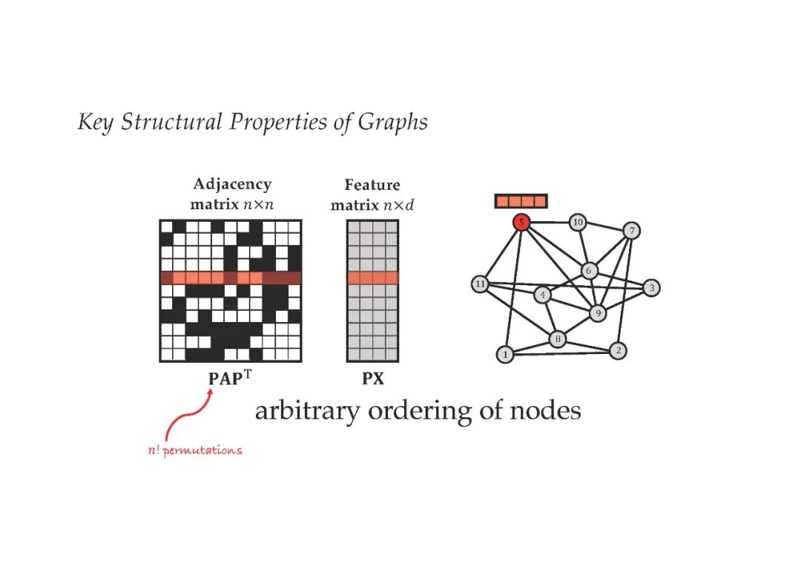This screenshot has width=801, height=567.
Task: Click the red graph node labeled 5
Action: pyautogui.click(x=522, y=222)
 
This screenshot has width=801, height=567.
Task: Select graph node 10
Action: pyautogui.click(x=578, y=222)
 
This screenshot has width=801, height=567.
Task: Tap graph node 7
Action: pyautogui.click(x=631, y=230)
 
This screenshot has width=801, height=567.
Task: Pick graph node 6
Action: pyautogui.click(x=590, y=271)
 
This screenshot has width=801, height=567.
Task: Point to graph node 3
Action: pyautogui.click(x=651, y=288)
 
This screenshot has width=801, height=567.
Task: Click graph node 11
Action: pyautogui.click(x=480, y=284)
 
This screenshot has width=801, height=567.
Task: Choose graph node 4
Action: pyautogui.click(x=543, y=295)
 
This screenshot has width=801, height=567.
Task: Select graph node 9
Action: pyautogui.click(x=597, y=313)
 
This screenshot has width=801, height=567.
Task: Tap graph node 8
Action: pyautogui.click(x=558, y=340)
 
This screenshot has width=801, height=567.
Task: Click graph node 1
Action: pyautogui.click(x=505, y=355)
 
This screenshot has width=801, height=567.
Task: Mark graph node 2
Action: pyautogui.click(x=618, y=350)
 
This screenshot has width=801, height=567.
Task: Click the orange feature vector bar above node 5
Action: pyautogui.click(x=521, y=201)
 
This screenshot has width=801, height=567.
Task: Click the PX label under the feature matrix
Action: pyautogui.click(x=372, y=378)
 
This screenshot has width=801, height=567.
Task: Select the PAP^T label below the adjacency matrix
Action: pyautogui.click(x=231, y=377)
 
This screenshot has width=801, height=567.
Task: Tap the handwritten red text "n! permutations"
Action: pyautogui.click(x=195, y=450)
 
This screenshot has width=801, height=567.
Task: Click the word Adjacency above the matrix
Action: pyautogui.click(x=232, y=184)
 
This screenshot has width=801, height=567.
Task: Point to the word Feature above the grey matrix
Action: pyautogui.click(x=372, y=185)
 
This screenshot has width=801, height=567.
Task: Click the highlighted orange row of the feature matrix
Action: pyautogui.click(x=372, y=278)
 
